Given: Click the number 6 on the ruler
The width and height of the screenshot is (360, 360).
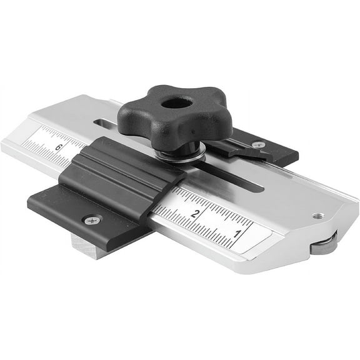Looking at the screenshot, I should (x=58, y=147).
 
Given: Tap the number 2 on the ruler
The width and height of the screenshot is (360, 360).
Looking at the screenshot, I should (x=196, y=214).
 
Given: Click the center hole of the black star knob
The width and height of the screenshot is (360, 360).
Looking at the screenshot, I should (x=170, y=103).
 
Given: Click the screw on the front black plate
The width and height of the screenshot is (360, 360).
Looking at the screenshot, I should (x=92, y=220).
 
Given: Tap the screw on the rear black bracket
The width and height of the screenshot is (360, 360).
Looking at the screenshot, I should (x=257, y=145).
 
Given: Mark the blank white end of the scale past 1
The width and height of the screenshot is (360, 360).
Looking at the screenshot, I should (x=259, y=241).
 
